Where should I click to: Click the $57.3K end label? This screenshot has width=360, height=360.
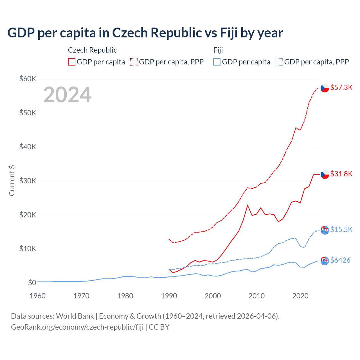(x=341, y=87)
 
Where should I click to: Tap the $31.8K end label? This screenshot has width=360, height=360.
(x=341, y=174)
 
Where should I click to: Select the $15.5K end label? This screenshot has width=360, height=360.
(x=341, y=229)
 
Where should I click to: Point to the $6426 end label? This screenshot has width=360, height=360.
(x=340, y=260)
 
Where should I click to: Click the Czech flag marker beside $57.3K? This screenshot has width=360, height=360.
(x=325, y=88)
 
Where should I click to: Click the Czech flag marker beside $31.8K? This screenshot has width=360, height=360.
(x=325, y=174)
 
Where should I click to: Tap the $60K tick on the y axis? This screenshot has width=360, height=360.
(x=28, y=79)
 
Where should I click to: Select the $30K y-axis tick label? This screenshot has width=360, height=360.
(x=28, y=181)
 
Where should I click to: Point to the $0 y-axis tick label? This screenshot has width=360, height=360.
(x=32, y=283)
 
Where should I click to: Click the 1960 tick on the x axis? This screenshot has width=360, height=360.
(x=37, y=296)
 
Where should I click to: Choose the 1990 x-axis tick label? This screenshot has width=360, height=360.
(x=169, y=296)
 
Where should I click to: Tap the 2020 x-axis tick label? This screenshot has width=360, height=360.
(x=300, y=296)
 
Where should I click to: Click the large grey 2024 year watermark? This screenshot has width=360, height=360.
(x=67, y=95)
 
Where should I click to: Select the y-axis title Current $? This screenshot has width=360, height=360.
(x=12, y=181)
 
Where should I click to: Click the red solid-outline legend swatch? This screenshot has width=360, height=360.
(x=72, y=62)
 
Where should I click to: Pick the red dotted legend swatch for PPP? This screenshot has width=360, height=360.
(x=134, y=62)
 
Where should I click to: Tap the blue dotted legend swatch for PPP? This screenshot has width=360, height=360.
(x=279, y=62)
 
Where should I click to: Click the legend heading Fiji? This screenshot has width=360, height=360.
(x=218, y=50)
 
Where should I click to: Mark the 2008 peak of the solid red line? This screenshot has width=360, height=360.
(x=247, y=205)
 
